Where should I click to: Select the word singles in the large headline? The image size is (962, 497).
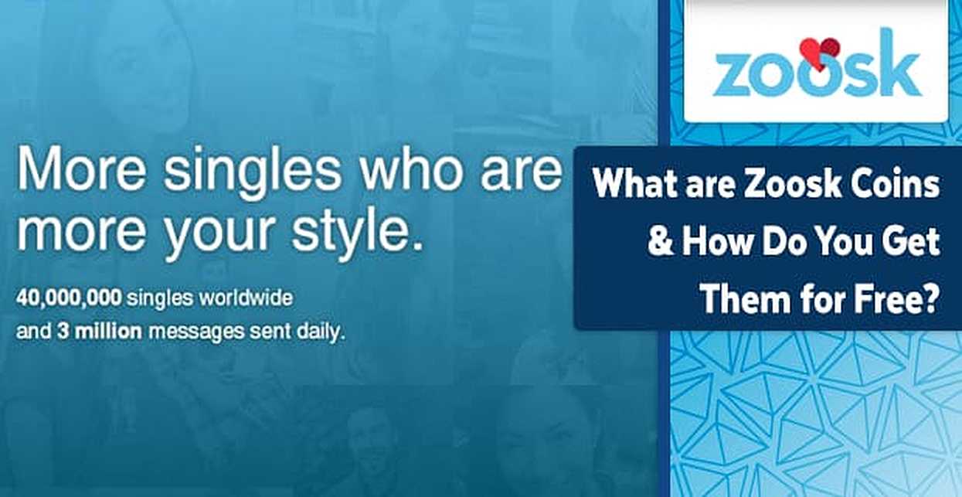(x=253, y=172)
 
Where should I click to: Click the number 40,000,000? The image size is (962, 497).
(x=69, y=298)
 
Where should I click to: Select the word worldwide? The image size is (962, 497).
(x=246, y=298)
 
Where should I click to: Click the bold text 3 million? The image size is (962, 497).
(x=100, y=331)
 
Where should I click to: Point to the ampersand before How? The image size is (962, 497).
(x=660, y=242)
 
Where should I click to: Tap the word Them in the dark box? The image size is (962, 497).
(x=745, y=298)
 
